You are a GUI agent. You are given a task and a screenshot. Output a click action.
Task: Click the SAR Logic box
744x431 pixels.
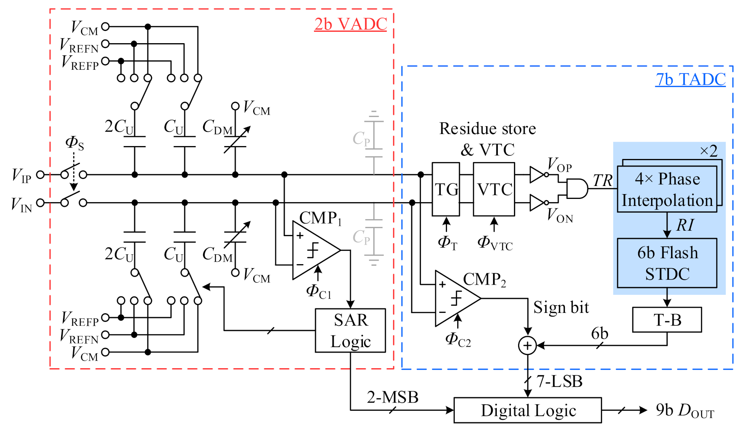[350, 330]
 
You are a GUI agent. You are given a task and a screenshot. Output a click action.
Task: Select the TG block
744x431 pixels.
[446, 189]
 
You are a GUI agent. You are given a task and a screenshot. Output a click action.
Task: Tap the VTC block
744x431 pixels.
[494, 189]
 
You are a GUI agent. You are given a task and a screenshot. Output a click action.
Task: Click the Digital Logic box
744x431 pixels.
[528, 410]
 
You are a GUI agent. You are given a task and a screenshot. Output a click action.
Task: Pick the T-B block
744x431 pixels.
[667, 320]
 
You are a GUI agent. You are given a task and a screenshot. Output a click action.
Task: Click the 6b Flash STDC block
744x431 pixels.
[667, 263]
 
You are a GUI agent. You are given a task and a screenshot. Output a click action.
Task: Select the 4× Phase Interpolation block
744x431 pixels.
[667, 189]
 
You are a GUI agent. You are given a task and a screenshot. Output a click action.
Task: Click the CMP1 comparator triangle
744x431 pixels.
[313, 250]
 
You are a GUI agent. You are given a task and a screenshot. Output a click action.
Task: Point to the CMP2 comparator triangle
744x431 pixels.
[455, 298]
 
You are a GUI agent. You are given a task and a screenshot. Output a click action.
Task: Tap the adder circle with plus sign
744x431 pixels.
[527, 345]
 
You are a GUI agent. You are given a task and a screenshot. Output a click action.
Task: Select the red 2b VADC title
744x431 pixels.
[350, 24]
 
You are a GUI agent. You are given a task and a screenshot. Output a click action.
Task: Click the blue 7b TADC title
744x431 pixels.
[690, 79]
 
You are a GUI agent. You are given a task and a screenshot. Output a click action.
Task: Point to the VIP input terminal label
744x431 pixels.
[21, 175]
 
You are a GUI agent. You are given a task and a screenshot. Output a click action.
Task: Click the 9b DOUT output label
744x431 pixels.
[685, 410]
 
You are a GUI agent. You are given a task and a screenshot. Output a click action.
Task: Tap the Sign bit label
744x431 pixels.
[561, 307]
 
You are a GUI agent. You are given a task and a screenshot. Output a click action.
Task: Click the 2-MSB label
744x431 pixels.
[392, 397]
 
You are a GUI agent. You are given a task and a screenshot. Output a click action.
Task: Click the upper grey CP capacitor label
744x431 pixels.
[361, 139]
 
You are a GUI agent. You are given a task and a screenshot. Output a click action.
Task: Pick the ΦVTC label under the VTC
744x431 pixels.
[495, 243]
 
